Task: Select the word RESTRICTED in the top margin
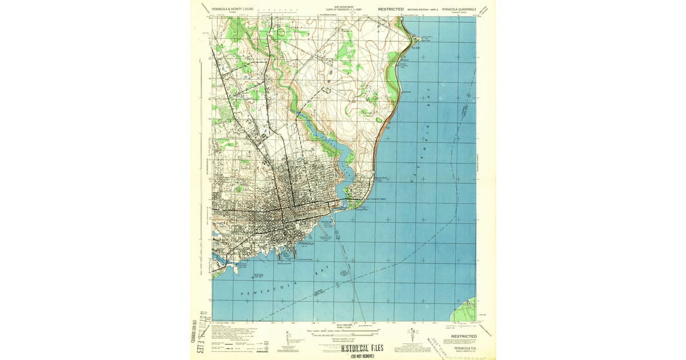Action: [x=390, y=10]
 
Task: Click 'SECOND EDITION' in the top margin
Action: [x=420, y=10]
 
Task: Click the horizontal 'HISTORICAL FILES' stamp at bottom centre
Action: [x=362, y=347]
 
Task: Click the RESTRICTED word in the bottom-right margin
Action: [x=464, y=337]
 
